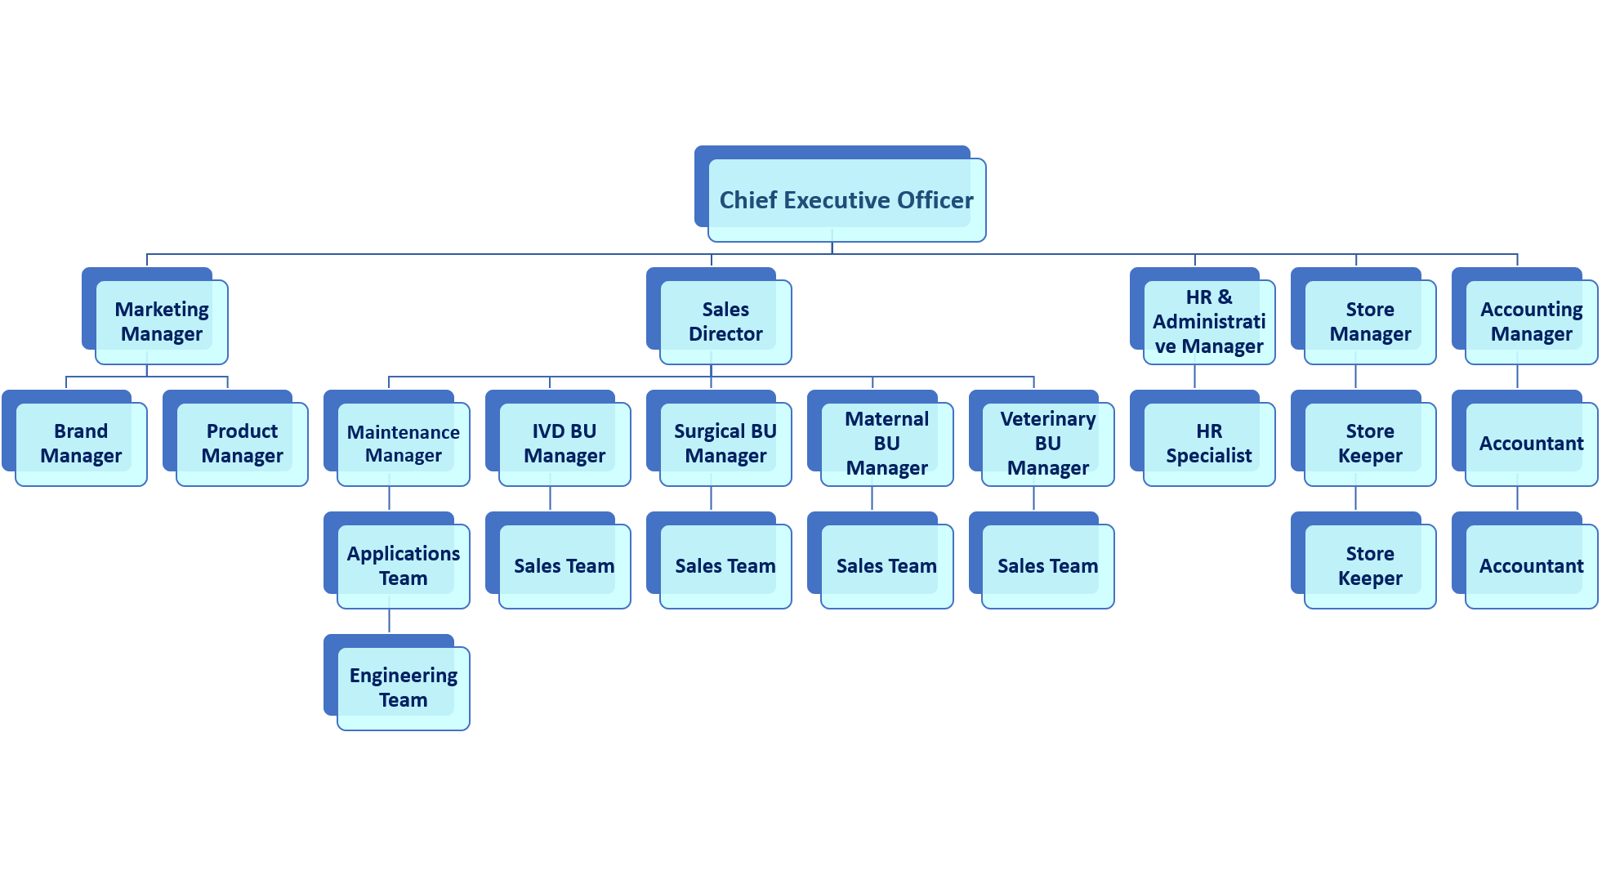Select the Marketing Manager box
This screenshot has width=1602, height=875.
tap(162, 322)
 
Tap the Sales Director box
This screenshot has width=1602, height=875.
tap(725, 322)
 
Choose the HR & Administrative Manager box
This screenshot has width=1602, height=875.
tap(1209, 322)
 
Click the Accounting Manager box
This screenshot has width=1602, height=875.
tap(1531, 322)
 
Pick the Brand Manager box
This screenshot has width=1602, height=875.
tap(81, 444)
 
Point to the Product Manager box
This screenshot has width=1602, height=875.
tap(242, 444)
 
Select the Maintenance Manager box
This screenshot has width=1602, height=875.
tap(404, 444)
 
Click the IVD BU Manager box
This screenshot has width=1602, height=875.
tap(564, 444)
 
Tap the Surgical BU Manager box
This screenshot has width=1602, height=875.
tap(725, 444)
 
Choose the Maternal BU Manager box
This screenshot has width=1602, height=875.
tap(886, 444)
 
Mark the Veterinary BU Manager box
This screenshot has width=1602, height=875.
tap(1048, 444)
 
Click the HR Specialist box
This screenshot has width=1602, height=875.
tap(1209, 444)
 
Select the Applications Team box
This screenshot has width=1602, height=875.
tap(404, 566)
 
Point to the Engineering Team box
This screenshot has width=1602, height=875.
tap(404, 688)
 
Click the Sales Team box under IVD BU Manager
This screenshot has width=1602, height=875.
tap(564, 566)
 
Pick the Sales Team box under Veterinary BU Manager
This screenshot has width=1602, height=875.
tap(1048, 566)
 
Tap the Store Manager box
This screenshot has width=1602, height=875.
tap(1370, 322)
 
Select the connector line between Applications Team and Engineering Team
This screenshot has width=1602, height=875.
tap(390, 621)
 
